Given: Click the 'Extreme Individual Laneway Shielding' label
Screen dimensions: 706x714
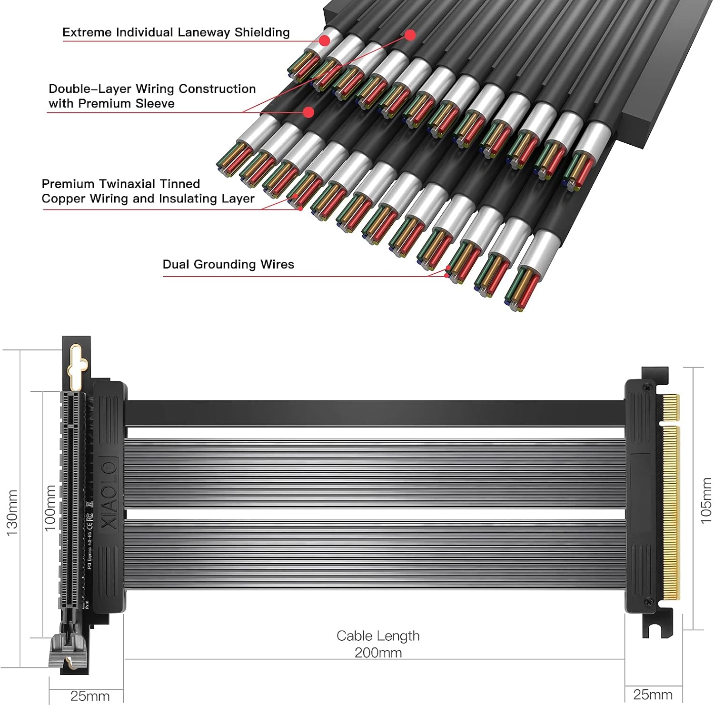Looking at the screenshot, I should tap(176, 32).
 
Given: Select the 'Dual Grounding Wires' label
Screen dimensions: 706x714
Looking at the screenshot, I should tap(228, 265).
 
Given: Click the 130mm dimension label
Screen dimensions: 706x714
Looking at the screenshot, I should tap(12, 513).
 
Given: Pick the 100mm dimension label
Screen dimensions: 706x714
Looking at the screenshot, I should tap(50, 508).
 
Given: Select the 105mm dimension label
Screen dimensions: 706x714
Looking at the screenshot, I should tap(706, 501).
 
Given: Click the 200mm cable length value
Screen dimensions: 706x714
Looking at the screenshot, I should tap(378, 652).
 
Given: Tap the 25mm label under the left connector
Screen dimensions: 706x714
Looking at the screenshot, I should tap(89, 696).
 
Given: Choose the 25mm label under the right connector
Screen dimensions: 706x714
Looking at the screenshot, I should tap(653, 695).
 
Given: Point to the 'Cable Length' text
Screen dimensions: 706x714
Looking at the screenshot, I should tap(378, 636).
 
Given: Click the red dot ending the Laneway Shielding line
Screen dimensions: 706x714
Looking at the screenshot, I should tap(324, 40).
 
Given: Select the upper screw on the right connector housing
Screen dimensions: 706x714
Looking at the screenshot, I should tap(648, 387).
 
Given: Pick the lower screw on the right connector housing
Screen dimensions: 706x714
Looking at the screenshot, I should tap(648, 603).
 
